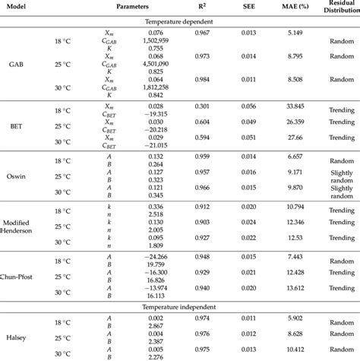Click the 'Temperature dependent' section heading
click(x=179, y=23)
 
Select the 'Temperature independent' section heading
click(x=179, y=306)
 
